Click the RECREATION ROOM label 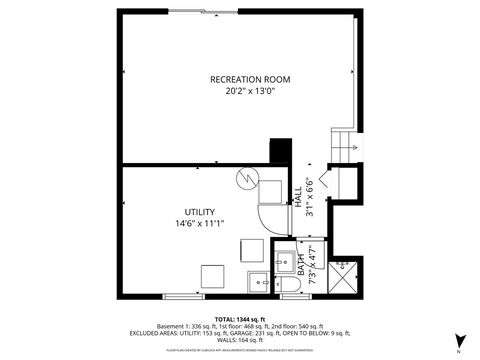coord(242,79)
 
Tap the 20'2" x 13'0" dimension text coord(242,91)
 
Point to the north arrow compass coord(459,342)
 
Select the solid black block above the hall coord(280,150)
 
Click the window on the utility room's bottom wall coord(183,297)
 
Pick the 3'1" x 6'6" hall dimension coord(310,195)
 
